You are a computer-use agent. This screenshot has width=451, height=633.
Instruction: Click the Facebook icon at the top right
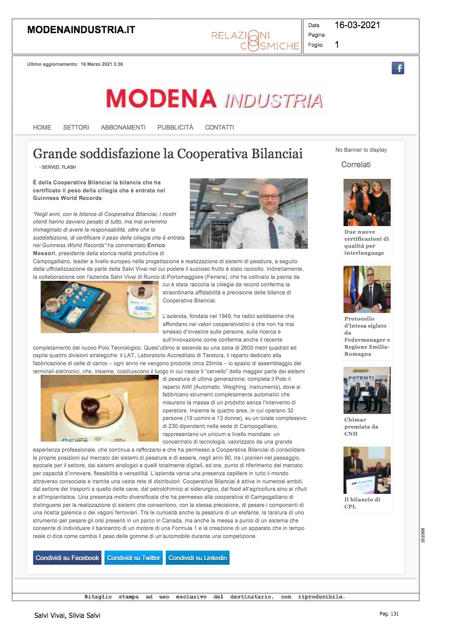pos(398,68)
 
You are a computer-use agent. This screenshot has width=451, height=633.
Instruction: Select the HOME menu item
pos(42,128)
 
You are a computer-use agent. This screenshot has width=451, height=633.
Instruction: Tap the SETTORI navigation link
pos(76,128)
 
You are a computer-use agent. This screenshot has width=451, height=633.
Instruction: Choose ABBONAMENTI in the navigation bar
pos(123,128)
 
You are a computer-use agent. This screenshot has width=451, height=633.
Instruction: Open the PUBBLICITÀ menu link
pos(175,128)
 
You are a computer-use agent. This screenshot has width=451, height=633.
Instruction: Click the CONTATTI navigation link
pos(219,128)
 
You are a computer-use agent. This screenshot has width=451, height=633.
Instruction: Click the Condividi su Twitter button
pos(134,558)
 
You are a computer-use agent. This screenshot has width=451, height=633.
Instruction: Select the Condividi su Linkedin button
pos(198,558)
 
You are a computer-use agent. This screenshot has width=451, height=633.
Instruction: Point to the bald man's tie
pos(273,232)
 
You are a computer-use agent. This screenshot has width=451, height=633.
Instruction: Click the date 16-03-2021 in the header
pos(357,25)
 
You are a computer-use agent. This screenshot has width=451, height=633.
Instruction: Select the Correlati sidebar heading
pos(356,165)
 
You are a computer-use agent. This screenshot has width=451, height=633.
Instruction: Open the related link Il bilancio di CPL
pos(362,503)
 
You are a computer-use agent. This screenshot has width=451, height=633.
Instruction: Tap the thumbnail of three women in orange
pos(367,202)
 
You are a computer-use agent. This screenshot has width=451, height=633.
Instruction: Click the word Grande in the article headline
pos(52,154)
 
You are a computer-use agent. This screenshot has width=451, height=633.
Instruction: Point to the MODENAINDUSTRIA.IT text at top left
pos(81,30)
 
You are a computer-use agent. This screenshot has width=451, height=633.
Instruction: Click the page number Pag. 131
pos(389,614)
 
